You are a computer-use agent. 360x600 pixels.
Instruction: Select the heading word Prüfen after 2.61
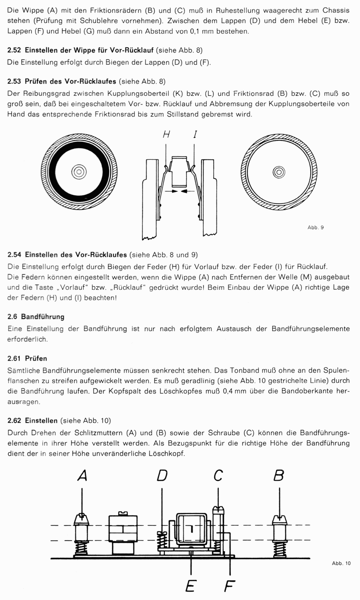pos(36,359)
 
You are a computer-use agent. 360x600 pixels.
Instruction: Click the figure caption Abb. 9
pos(315,227)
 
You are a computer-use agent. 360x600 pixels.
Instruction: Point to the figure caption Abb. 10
pos(341,563)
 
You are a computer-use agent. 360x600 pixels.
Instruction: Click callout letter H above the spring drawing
pos(166,134)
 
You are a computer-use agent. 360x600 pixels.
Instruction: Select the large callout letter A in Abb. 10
pos(82,475)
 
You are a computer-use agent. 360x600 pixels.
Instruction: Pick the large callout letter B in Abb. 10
pos(279,475)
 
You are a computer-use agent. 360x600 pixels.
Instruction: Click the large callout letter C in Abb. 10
pos(218,475)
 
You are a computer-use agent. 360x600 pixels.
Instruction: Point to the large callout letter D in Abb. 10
pos(162,475)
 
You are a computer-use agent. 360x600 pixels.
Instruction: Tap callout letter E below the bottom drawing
pos(191,586)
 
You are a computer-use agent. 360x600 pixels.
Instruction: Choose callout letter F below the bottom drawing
pos(230,586)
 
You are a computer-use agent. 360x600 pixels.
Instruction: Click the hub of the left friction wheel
pos(78,171)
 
